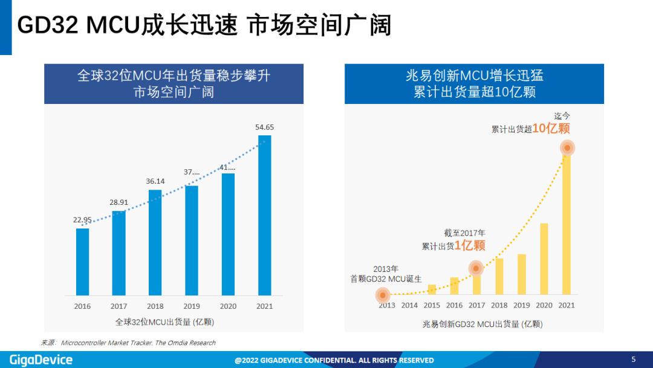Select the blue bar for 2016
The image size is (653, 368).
coord(82,262)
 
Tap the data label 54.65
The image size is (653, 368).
coord(265,127)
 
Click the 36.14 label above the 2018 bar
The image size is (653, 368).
coord(155,181)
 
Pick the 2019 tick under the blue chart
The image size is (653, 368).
coord(192,306)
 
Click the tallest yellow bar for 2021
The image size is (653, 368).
coord(567,227)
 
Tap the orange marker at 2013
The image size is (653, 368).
coord(382,295)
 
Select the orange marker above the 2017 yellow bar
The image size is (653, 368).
coord(476,268)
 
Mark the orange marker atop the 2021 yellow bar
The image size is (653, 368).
coord(567,147)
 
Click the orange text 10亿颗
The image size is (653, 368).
coord(551,129)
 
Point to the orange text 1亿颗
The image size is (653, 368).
coord(470,245)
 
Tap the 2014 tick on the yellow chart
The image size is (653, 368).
coord(409,306)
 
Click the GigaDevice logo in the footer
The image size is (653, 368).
coord(41,360)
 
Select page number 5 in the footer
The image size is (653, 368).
coord(634,360)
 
